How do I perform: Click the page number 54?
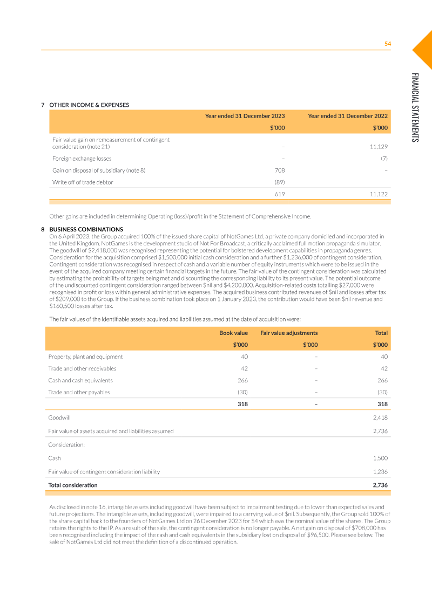[387, 44]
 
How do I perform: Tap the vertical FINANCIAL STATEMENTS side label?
[414, 107]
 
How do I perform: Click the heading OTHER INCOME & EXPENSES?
[89, 105]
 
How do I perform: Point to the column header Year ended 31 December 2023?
[245, 116]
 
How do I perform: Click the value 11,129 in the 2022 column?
[379, 147]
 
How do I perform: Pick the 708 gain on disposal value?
[280, 170]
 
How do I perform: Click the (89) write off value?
[280, 182]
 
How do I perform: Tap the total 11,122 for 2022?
[379, 194]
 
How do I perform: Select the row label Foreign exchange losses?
[82, 159]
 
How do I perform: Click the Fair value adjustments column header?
[289, 333]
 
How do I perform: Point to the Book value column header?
[233, 333]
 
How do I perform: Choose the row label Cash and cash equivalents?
[80, 380]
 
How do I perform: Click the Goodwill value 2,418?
[380, 417]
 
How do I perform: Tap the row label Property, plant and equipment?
[85, 357]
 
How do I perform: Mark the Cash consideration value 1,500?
[380, 458]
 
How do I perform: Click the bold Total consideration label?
[73, 485]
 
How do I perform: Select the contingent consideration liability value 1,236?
[380, 471]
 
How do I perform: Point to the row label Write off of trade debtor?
[83, 182]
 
